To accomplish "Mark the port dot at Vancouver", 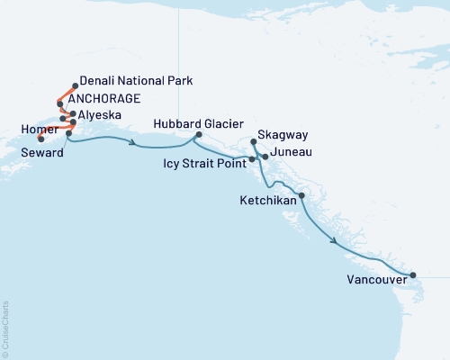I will click(x=412, y=275).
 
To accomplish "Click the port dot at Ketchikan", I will click(x=301, y=195).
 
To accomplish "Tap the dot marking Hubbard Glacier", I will click(x=195, y=137).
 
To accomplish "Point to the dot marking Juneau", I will click(x=265, y=157).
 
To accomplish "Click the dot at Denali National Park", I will click(x=75, y=86).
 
